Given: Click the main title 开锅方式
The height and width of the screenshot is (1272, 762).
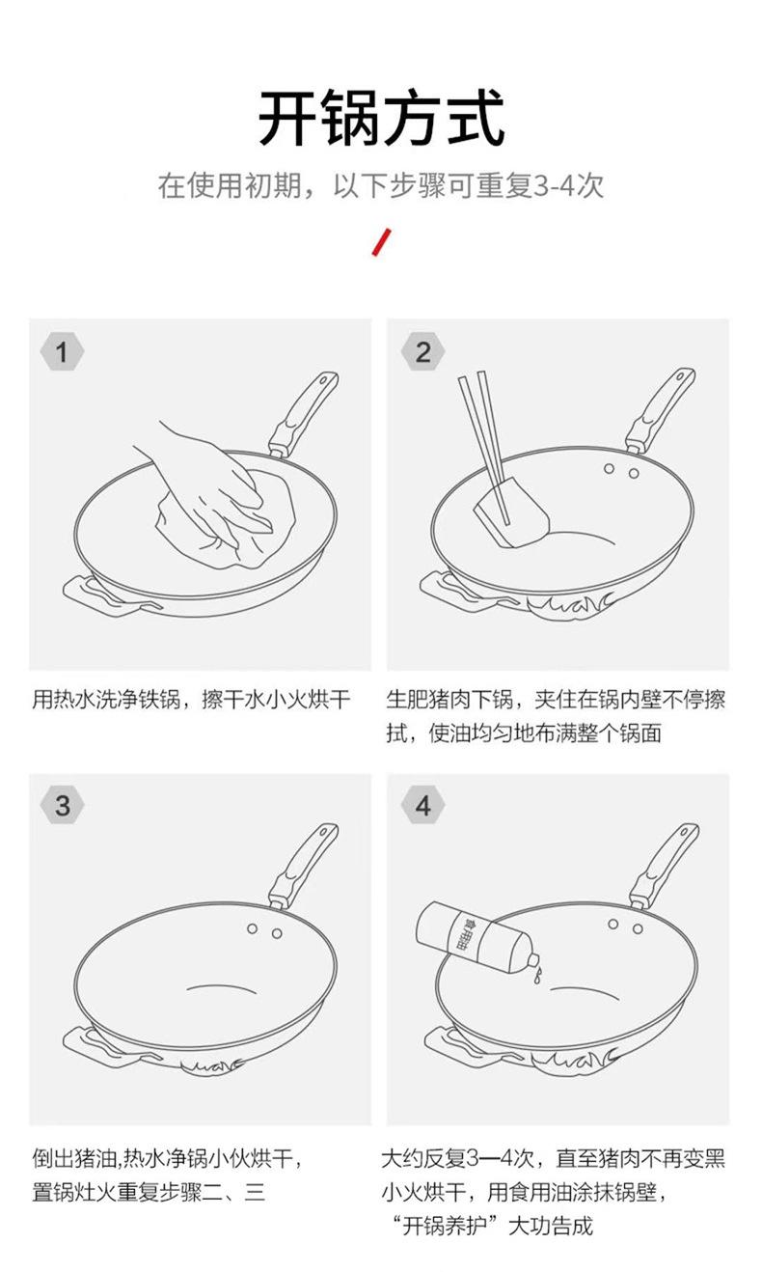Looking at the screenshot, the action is (x=381, y=119).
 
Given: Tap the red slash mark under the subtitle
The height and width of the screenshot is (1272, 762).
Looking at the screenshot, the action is (x=382, y=242).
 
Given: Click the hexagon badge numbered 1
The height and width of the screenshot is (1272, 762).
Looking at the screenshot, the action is (x=62, y=352).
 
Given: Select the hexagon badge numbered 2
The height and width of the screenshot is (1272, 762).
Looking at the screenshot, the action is (x=422, y=352).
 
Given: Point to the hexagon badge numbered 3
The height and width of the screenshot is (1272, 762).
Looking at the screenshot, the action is (x=62, y=805).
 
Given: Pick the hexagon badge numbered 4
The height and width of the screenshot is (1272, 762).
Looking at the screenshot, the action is (x=422, y=805).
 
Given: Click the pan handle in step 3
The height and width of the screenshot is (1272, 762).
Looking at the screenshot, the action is (x=303, y=866).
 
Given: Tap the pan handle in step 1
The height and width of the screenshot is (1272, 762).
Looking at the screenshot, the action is (x=303, y=415).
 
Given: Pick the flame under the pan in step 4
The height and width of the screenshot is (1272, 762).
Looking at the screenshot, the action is (x=573, y=1060).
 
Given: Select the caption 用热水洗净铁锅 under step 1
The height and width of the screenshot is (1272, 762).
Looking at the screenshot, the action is (x=106, y=700).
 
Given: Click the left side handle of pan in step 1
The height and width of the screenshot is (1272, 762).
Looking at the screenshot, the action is (x=105, y=596).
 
